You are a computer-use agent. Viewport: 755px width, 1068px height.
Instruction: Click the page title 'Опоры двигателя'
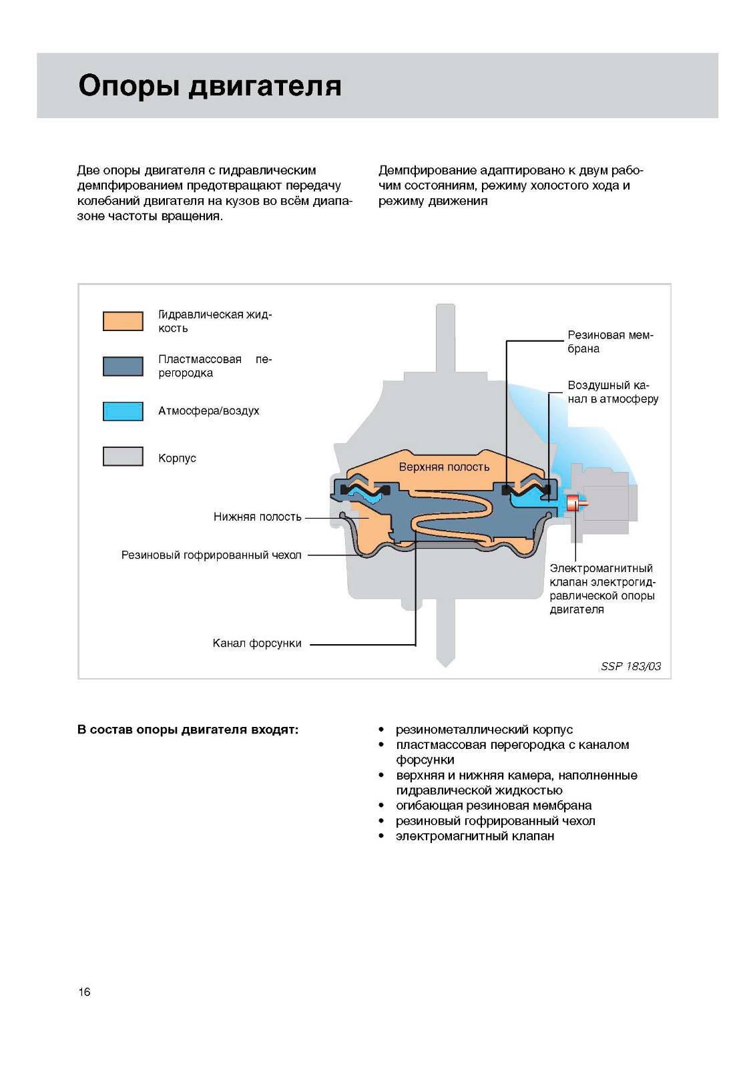coord(210,86)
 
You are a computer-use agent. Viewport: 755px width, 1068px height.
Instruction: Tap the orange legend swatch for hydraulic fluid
coord(123,321)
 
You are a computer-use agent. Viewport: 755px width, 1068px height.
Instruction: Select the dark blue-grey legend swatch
coord(123,366)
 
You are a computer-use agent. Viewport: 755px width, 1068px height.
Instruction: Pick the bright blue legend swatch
coord(123,411)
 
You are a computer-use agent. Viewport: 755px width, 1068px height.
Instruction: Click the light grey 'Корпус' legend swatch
coord(123,457)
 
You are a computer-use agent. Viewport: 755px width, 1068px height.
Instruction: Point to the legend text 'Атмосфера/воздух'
coord(208,411)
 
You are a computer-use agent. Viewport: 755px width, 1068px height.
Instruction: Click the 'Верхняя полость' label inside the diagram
coord(444,467)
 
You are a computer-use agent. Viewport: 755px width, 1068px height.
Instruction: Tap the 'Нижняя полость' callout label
coord(257,517)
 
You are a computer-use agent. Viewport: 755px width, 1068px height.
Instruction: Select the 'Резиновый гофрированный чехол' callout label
coord(211,555)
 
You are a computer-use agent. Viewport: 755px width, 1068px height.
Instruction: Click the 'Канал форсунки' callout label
coord(257,643)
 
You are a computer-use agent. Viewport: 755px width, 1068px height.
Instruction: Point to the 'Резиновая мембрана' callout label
coord(610,342)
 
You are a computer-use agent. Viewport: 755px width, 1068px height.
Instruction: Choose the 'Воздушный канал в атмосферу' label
coord(613,392)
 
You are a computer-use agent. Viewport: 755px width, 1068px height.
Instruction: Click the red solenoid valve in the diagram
coord(572,505)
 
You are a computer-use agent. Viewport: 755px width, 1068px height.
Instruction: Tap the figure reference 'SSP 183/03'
coord(630,666)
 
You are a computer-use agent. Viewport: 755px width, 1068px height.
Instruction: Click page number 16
coord(84,992)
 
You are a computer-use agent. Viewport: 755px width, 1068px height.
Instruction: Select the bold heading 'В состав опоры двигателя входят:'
coord(188,730)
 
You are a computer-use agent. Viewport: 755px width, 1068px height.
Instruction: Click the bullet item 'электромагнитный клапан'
coord(475,836)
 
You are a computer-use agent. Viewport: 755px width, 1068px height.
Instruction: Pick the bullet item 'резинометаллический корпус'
coord(484,730)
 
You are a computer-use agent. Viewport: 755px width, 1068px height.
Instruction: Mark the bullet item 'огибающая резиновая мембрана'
coord(493,806)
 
